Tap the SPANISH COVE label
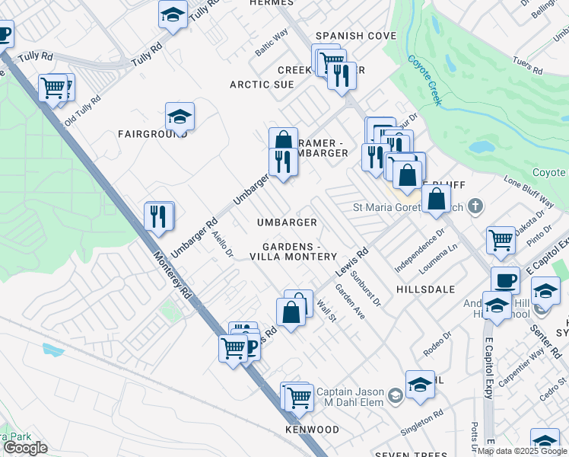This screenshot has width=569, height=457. pos(356,36)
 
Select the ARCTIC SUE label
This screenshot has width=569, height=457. pos(262,85)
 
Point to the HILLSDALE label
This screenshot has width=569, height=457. pos(425,289)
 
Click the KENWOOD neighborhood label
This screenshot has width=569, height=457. pos(312,430)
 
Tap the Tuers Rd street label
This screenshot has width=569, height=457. pos(527,66)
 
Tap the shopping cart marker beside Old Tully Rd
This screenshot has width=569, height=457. pos(52,87)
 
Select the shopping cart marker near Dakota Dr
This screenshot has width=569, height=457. pos(501,239)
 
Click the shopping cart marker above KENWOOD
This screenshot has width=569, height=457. pos(299,396)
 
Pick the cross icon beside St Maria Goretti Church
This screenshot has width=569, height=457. pos(475,205)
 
